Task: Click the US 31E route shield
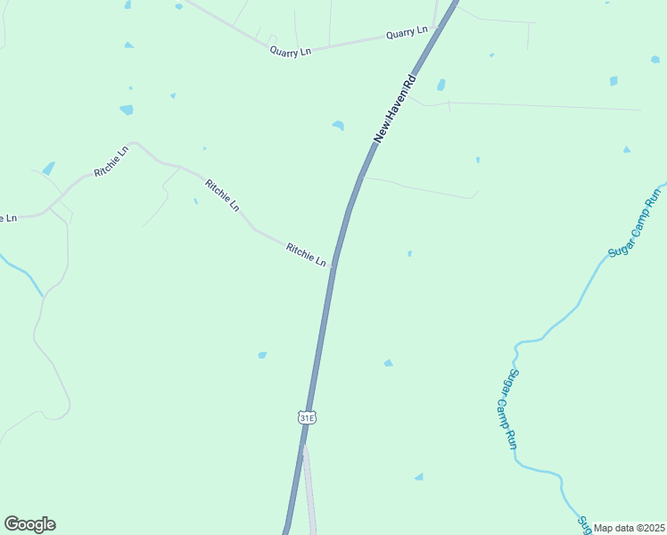click(307, 416)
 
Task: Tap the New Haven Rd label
click(395, 108)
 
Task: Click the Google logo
click(29, 524)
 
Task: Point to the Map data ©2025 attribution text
click(629, 527)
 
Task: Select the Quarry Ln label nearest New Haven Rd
click(407, 33)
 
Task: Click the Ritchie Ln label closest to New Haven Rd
click(306, 254)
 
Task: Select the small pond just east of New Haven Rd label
click(441, 85)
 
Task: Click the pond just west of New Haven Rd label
click(338, 125)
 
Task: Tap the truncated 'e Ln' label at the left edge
click(8, 218)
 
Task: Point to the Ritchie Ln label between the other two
click(222, 195)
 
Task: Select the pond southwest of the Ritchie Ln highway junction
click(262, 355)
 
